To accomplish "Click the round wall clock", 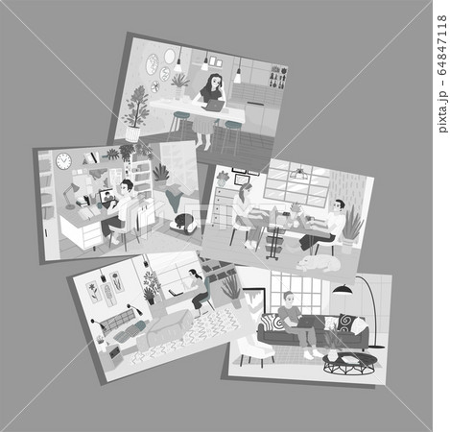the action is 63,161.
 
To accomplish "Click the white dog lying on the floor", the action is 319,263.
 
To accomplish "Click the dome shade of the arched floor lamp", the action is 343,289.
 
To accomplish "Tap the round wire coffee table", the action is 349,364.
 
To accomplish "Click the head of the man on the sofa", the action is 289,299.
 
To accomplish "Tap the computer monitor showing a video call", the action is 107,196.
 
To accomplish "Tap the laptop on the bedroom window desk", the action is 176,293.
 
